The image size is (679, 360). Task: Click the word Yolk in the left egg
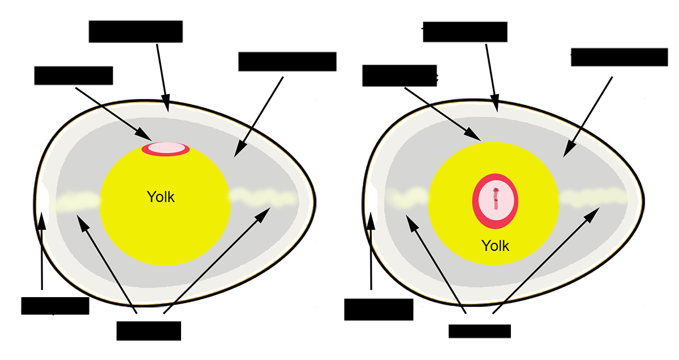(161, 198)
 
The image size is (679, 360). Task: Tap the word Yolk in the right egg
(495, 246)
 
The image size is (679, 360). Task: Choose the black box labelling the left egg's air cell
(55, 306)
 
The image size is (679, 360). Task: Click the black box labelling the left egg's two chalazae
(148, 331)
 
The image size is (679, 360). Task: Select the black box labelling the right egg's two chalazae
(479, 331)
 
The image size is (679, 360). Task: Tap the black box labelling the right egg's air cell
(379, 310)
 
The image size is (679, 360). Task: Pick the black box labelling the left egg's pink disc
(74, 76)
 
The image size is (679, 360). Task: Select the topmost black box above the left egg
(136, 31)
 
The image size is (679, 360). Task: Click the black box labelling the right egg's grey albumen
(619, 57)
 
